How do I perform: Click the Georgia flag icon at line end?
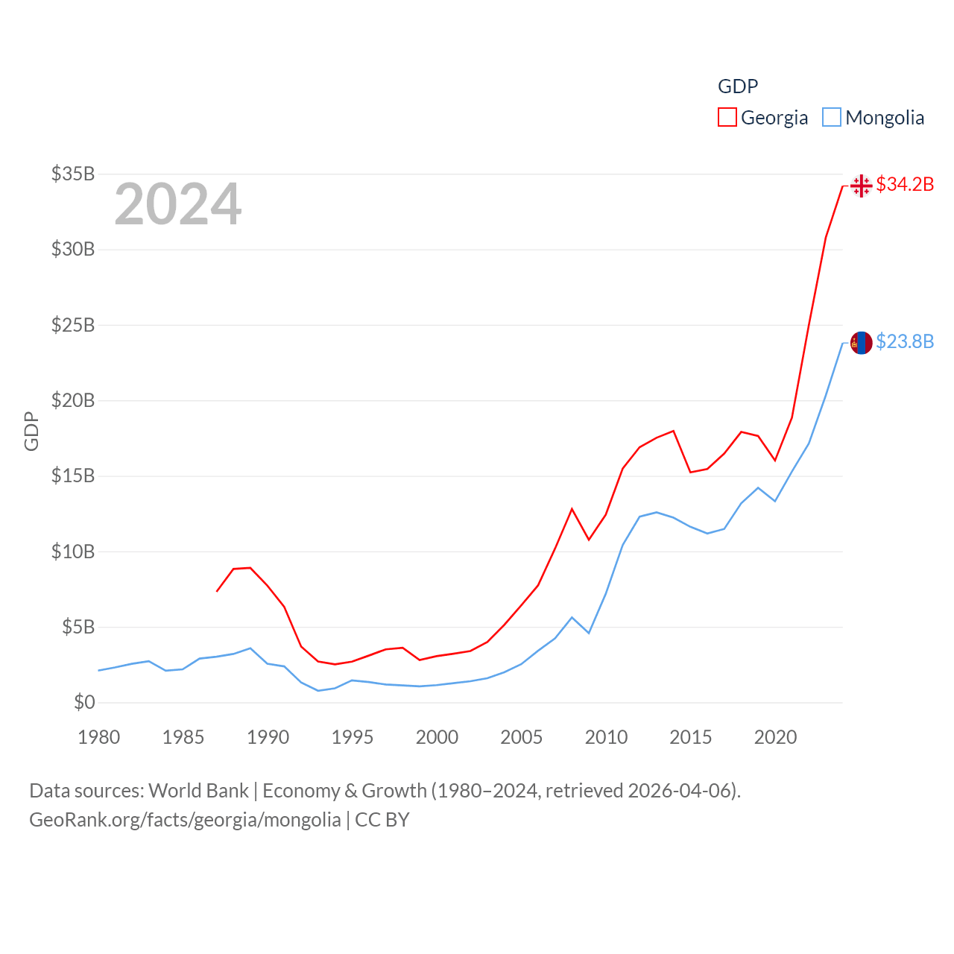tap(861, 185)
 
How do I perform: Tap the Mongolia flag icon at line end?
tap(861, 343)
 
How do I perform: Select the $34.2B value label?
tap(905, 184)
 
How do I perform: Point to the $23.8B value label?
tap(905, 341)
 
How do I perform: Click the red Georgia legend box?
tap(727, 118)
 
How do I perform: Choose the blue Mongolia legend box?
tap(832, 118)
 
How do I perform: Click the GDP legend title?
tap(738, 86)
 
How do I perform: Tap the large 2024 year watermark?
tap(177, 204)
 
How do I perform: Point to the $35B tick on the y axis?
tap(73, 174)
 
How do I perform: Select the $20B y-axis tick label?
tap(73, 400)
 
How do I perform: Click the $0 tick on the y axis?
tap(84, 702)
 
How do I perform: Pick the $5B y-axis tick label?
tap(78, 627)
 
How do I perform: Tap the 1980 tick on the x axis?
tap(99, 737)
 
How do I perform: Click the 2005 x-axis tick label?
tap(522, 737)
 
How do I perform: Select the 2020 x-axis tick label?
tap(775, 737)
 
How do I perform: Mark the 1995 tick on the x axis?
tap(353, 737)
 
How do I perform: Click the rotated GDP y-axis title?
tap(31, 431)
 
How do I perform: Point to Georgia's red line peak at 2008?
tap(572, 509)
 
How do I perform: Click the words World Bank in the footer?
tap(198, 790)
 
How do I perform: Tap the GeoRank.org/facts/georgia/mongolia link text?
tap(185, 820)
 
